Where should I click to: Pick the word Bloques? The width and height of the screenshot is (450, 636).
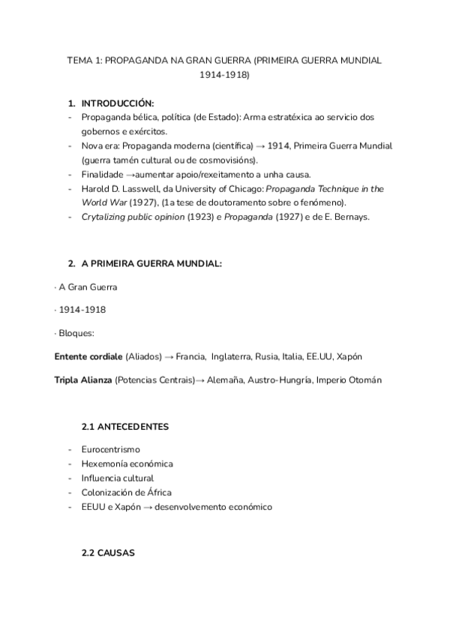click(77, 332)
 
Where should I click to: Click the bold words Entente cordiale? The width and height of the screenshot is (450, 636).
click(88, 356)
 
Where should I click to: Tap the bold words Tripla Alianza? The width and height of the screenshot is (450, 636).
click(82, 380)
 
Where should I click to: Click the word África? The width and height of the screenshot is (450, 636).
click(155, 492)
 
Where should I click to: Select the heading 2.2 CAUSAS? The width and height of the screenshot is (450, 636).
click(108, 553)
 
